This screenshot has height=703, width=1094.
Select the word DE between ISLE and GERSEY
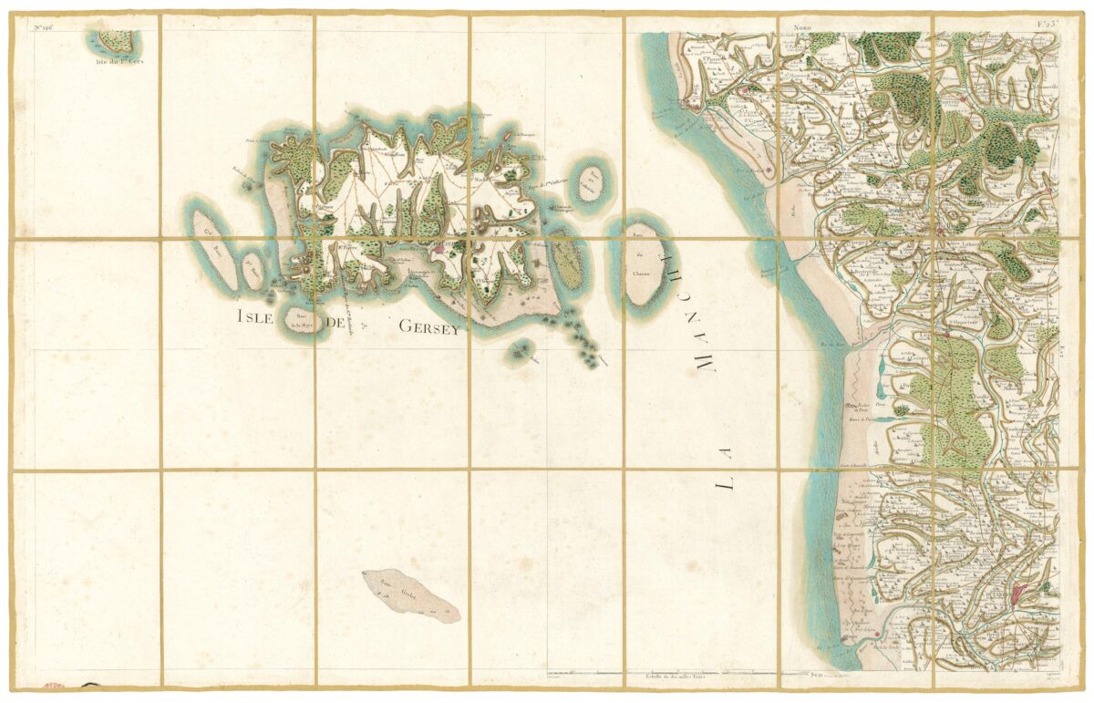click(338, 322)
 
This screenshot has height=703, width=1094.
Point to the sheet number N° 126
click(46, 26)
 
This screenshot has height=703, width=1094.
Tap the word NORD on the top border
click(801, 29)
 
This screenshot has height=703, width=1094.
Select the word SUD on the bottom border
click(817, 676)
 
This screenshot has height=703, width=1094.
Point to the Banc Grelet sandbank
click(410, 596)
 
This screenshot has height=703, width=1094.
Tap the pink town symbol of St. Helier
click(439, 246)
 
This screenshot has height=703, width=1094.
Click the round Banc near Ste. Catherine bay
click(593, 184)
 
